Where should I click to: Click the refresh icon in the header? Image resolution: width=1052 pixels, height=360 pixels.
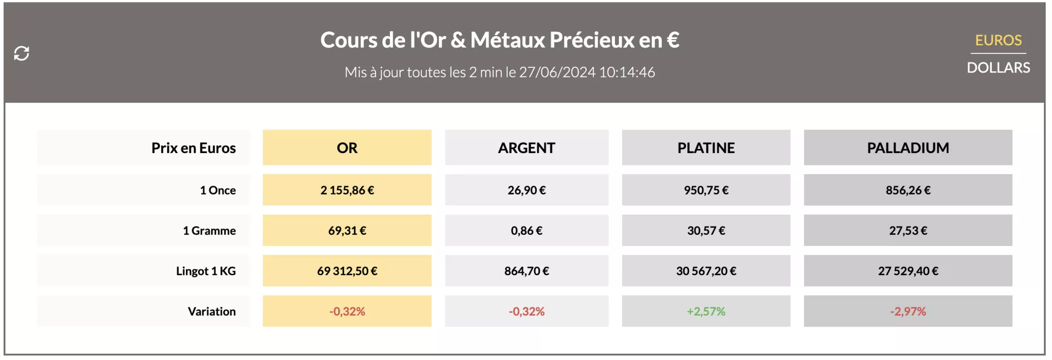(22, 53)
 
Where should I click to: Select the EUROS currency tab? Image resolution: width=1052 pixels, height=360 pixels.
(998, 40)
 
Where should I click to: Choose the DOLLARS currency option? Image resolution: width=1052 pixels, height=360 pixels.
(998, 68)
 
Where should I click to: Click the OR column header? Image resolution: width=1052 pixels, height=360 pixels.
(347, 148)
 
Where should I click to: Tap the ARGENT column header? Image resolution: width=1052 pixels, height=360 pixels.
(527, 148)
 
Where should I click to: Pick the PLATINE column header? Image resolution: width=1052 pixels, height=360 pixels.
(706, 148)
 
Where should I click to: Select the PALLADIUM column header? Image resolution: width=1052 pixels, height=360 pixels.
(908, 148)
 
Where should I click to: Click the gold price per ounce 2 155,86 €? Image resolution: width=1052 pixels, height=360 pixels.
(347, 191)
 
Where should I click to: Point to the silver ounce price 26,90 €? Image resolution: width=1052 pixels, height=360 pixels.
(527, 191)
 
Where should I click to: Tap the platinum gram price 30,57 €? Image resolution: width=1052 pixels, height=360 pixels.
(706, 231)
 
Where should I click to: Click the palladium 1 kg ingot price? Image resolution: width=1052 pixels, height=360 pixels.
(908, 271)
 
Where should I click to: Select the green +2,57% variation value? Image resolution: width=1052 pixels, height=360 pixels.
(706, 312)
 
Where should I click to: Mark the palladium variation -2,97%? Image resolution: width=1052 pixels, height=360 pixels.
(908, 312)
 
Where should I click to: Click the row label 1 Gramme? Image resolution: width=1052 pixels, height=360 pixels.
(209, 231)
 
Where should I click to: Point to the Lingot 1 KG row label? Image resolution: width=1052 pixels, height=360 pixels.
(205, 271)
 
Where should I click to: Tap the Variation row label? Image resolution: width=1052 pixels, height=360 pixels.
(212, 312)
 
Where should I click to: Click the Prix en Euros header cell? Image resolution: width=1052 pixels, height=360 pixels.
(193, 148)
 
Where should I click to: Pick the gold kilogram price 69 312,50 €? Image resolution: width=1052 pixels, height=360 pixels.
(347, 271)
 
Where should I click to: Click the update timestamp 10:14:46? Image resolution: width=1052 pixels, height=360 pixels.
(627, 72)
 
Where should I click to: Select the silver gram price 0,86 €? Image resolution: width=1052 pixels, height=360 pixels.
(527, 231)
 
